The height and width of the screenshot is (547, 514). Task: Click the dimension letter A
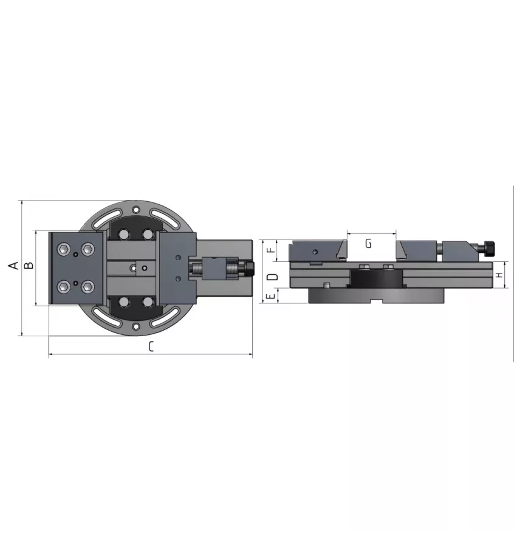coord(14,265)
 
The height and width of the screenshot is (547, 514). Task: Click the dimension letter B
coord(29,265)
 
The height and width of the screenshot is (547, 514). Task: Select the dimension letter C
coord(151,346)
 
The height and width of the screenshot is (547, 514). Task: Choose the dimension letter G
coord(369,244)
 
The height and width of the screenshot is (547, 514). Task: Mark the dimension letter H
coord(499,275)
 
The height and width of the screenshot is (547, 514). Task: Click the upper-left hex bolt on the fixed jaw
coord(64,249)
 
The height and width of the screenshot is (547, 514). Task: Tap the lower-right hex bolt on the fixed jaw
coord(87,287)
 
